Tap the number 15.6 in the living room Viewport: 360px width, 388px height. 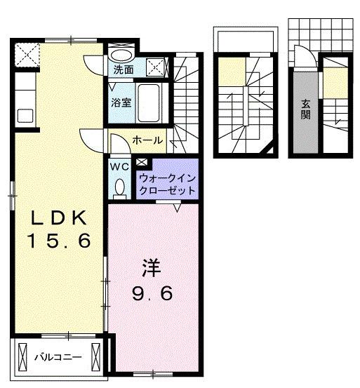coord(59,242)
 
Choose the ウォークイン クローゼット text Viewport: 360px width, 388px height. coord(168,184)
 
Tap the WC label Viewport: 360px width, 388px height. coord(118,167)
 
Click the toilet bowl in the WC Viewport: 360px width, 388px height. coord(119,187)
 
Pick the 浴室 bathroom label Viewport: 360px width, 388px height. coord(121,102)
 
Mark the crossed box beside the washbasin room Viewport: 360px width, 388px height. coord(158,68)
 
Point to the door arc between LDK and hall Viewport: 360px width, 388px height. coord(91,138)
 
